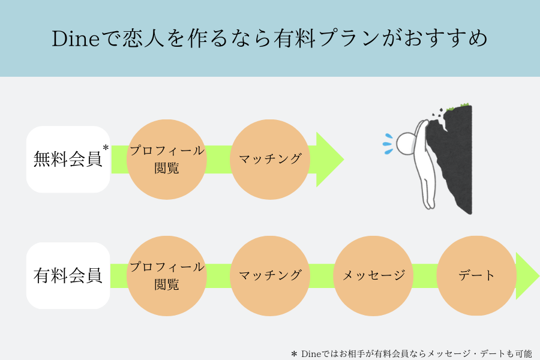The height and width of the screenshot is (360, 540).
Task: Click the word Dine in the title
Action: (x=76, y=38)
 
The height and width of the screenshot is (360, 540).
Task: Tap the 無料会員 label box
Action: (x=68, y=159)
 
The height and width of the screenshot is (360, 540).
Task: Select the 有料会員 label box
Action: (x=68, y=275)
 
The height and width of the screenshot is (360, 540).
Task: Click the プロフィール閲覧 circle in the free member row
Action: (x=167, y=159)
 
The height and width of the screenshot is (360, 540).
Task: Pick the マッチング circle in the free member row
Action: (x=270, y=159)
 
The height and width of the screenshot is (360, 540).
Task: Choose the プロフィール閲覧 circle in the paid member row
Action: (x=167, y=275)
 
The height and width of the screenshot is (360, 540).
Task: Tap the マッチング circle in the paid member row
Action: (x=270, y=275)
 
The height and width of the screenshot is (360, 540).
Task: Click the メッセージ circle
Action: (x=373, y=275)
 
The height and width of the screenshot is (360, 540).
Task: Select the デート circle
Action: (x=476, y=275)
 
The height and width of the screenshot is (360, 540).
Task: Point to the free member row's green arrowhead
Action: (x=328, y=159)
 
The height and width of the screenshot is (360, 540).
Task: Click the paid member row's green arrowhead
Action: (x=527, y=275)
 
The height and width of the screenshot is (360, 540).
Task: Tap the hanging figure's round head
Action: (x=406, y=143)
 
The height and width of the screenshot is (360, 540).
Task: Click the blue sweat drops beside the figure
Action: (x=388, y=143)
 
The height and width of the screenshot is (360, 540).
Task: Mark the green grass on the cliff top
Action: (x=458, y=106)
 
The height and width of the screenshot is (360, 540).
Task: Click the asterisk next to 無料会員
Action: (x=106, y=148)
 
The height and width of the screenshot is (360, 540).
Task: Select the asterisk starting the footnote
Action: (x=294, y=354)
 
